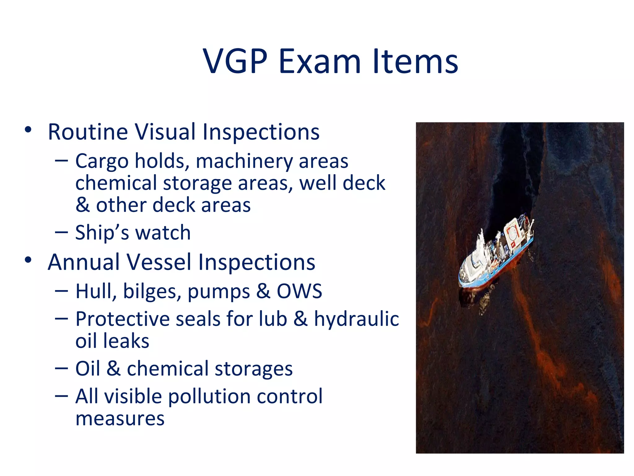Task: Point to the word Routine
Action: tap(88, 132)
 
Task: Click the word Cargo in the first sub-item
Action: tap(102, 162)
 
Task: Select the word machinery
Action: tap(244, 162)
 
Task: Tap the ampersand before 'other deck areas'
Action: tap(82, 205)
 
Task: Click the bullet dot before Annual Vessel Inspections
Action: tap(28, 260)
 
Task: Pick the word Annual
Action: tap(84, 262)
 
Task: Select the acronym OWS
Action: tap(299, 291)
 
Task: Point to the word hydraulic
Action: tap(356, 319)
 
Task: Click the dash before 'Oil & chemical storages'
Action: tap(61, 368)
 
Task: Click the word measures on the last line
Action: tap(120, 419)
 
